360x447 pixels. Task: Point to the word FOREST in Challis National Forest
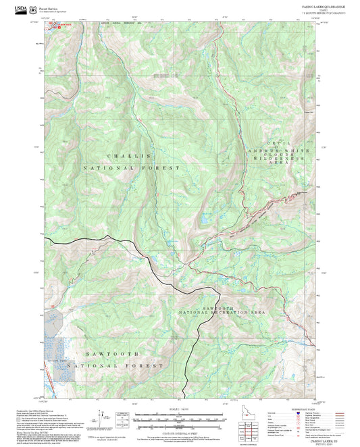click(x=164, y=167)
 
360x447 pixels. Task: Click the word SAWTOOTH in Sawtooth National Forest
click(x=113, y=353)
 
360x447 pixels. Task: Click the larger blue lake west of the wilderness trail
click(x=203, y=219)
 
